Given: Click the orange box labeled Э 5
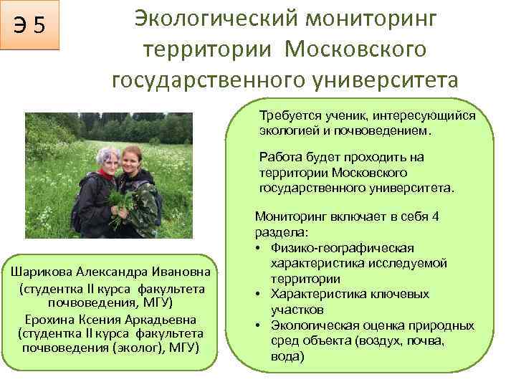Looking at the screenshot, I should (x=30, y=26).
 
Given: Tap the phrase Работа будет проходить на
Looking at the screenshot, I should (x=342, y=158).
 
